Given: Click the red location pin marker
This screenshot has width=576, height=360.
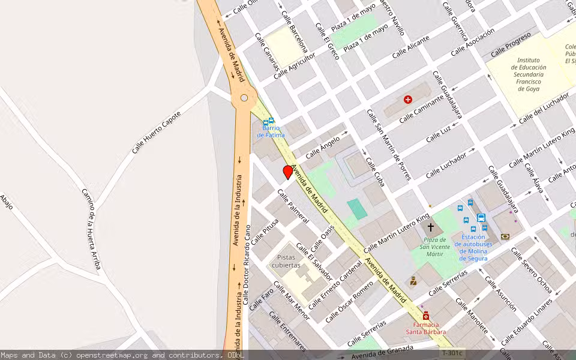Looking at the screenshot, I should coord(288,172).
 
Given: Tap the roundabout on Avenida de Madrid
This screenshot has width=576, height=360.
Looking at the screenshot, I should coord(244,98).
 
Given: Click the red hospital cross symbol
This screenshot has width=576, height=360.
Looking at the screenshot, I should coord(408,100).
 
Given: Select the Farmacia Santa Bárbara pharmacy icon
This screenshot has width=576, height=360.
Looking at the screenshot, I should coord(426,316).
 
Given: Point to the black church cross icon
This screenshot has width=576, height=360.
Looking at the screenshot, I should coord(430,228).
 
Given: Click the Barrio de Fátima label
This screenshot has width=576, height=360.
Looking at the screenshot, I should coord(271,131).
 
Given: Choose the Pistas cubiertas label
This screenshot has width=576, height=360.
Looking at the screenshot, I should coord(286,261).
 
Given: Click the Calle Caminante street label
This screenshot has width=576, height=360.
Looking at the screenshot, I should coord(422,108).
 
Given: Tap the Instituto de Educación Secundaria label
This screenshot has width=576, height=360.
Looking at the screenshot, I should coord(529,74).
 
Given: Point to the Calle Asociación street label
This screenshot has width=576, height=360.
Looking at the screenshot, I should coord(472,41).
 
